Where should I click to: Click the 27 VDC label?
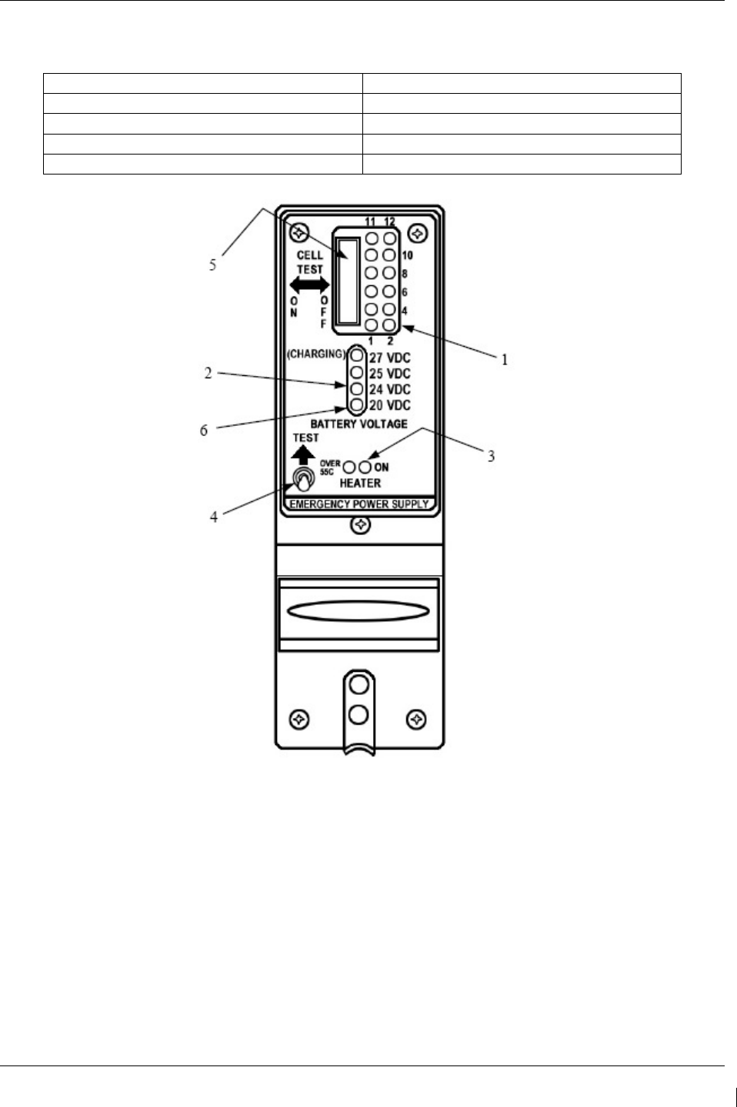point(389,357)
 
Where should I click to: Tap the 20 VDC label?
point(389,405)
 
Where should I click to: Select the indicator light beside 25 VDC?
point(356,373)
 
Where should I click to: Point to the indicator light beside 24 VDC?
point(356,389)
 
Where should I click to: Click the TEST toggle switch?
point(303,481)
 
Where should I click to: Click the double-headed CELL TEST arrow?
point(309,284)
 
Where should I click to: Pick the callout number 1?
point(504,359)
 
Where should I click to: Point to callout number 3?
point(490,456)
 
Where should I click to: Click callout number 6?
point(204,430)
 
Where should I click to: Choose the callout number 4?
point(214,517)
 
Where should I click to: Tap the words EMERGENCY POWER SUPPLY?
point(359,505)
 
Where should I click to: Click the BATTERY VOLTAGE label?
point(359,424)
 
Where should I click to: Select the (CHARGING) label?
point(315,355)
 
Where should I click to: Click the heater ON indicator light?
point(365,467)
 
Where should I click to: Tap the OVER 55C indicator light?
point(349,467)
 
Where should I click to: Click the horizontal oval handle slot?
point(358,612)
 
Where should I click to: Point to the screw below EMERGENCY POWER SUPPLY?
point(360,526)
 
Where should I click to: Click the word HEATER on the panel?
point(360,483)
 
